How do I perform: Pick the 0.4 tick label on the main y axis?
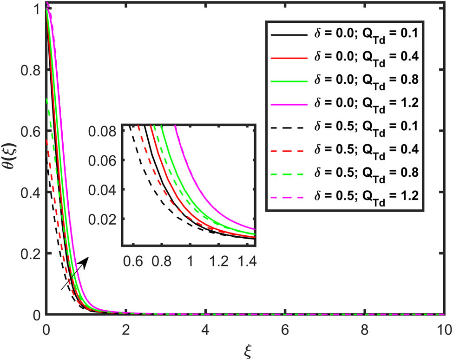[30, 193]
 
